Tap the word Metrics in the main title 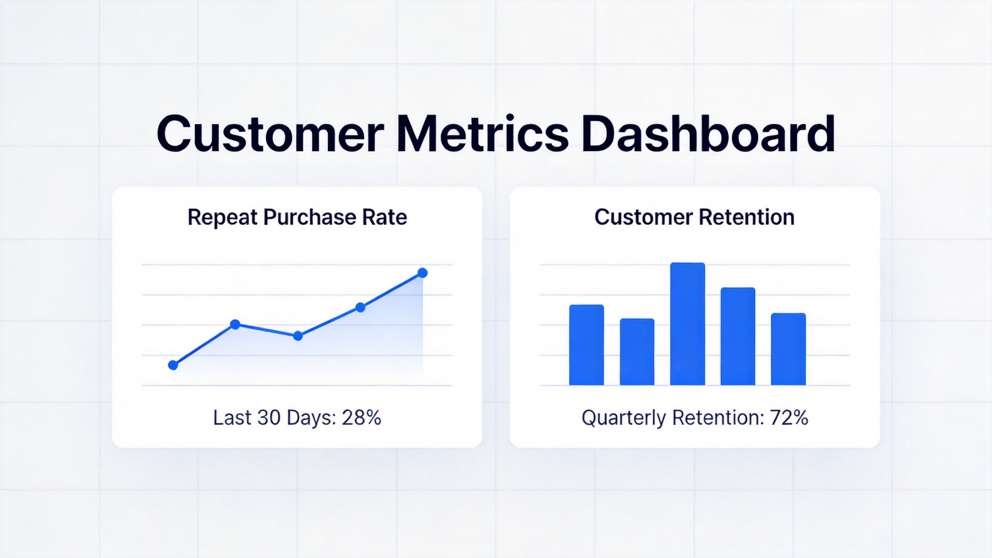coord(482,134)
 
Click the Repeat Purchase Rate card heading coord(297,217)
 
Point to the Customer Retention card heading coord(694,217)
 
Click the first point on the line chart coord(173,365)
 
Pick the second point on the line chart coord(235,324)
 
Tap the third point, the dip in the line coord(298,336)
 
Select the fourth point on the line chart coord(360,308)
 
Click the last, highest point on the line coord(423,273)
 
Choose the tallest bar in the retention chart coord(687,324)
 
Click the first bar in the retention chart coord(586,345)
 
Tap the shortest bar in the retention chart coord(637,352)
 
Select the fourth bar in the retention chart coord(738,336)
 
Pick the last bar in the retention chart coord(788,349)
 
